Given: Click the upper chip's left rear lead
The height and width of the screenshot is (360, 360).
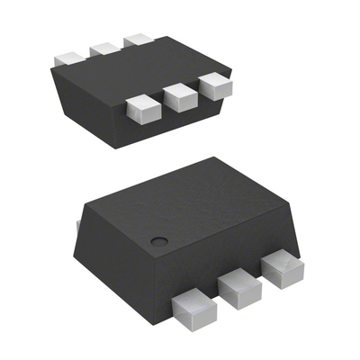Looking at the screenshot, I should (x=69, y=55).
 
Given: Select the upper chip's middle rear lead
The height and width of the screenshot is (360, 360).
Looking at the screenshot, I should (x=104, y=46).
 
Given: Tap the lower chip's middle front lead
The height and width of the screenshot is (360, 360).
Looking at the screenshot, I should (x=238, y=288).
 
